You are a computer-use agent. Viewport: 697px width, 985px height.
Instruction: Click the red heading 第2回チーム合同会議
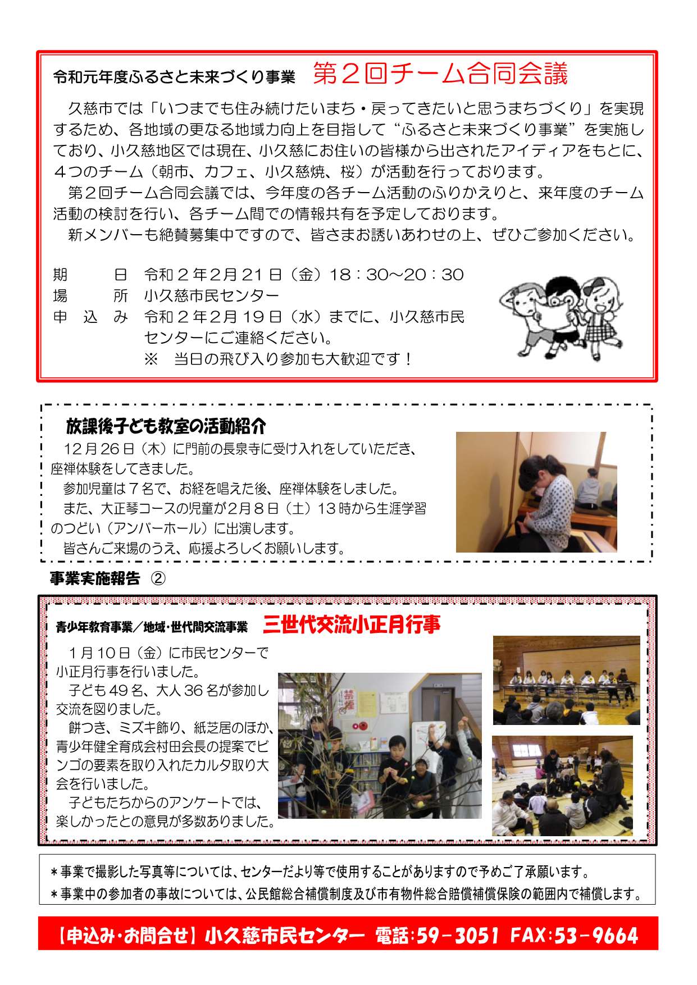point(440,74)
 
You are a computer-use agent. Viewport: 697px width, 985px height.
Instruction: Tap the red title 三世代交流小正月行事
point(352,624)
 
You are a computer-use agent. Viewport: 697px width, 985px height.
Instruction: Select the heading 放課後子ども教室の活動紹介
point(166,426)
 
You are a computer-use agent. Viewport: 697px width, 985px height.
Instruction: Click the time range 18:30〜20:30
point(397,275)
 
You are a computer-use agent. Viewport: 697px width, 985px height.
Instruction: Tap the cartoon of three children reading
point(562,317)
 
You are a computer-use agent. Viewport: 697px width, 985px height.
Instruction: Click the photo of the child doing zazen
point(536,492)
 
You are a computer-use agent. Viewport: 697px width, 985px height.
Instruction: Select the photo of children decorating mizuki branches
point(380,745)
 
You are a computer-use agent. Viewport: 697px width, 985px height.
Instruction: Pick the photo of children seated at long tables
point(566,680)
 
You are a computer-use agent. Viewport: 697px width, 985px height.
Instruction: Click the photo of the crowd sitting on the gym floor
point(562,786)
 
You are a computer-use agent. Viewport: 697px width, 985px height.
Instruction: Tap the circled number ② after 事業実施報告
point(158,578)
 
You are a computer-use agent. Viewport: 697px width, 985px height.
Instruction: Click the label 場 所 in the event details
point(90,295)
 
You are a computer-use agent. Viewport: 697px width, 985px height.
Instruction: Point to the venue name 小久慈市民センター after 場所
point(212,295)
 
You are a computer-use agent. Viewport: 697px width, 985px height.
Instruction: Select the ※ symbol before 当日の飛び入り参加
point(151,359)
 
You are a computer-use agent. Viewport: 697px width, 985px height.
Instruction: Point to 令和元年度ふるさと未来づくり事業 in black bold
point(174,77)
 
